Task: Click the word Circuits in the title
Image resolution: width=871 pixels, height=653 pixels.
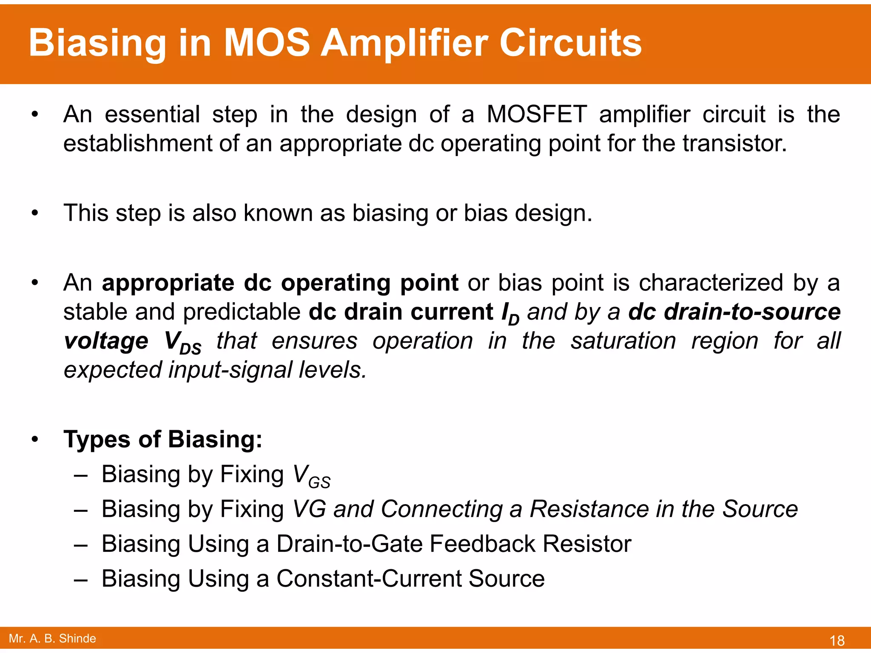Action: point(570,43)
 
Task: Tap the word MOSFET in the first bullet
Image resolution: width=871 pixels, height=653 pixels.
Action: point(536,115)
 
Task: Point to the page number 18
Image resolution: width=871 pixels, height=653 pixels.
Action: point(837,640)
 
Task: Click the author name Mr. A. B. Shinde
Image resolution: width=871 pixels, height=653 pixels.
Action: point(52,639)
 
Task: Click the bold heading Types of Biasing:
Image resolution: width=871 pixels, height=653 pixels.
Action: point(162,439)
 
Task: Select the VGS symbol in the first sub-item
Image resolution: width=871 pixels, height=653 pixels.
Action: point(311,476)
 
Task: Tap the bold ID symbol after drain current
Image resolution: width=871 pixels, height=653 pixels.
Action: point(510,314)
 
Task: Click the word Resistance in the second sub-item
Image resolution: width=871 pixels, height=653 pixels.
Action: point(588,509)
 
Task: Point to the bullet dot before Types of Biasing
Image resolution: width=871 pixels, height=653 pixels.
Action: point(35,440)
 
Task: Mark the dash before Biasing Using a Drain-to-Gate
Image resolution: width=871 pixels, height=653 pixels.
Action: point(80,545)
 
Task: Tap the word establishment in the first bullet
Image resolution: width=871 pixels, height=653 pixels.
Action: point(137,144)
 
